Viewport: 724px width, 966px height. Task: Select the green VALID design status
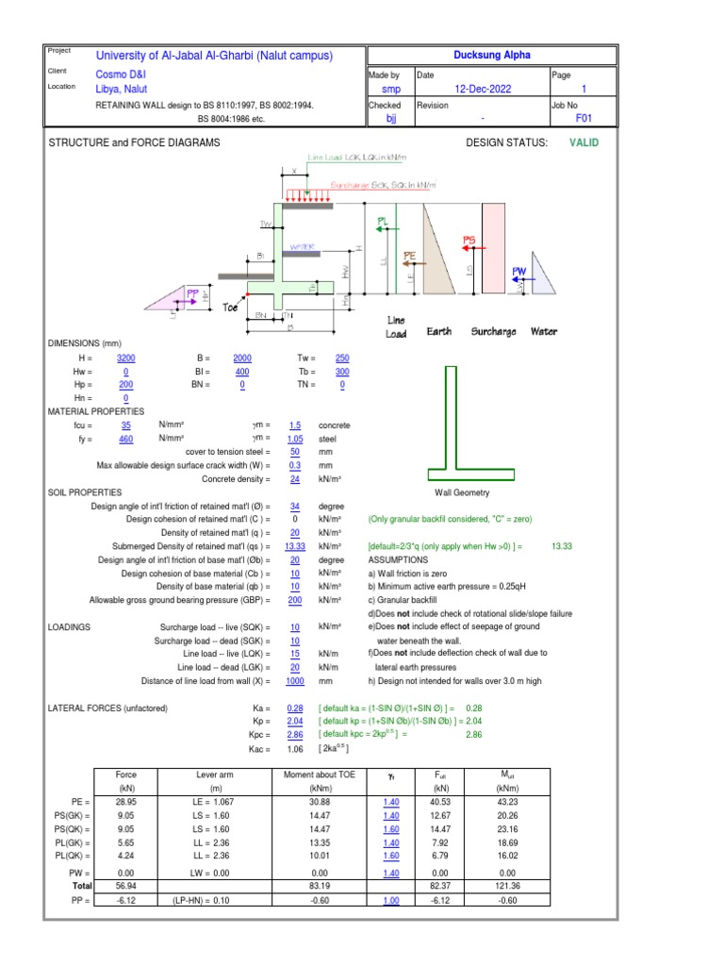point(584,142)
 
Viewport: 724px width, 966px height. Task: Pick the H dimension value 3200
point(125,359)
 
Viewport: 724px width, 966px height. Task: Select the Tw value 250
point(342,359)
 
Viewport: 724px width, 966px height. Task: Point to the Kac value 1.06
point(295,749)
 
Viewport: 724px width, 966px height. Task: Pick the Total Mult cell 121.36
point(507,887)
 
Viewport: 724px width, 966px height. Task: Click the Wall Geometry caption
point(462,492)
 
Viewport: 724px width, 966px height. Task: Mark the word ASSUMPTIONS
point(398,559)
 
